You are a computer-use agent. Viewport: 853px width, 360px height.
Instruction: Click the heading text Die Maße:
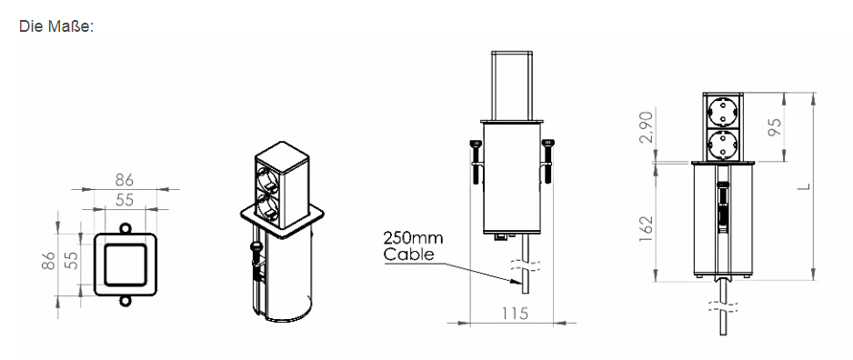[56, 26]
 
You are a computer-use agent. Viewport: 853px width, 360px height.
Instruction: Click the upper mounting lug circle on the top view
[125, 228]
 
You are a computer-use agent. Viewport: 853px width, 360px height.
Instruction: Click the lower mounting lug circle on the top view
[125, 301]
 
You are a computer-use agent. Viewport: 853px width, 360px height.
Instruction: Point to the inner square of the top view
[125, 265]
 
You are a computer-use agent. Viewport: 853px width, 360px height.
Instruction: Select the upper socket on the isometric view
[269, 179]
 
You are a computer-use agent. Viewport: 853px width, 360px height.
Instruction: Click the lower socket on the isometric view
[269, 210]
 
